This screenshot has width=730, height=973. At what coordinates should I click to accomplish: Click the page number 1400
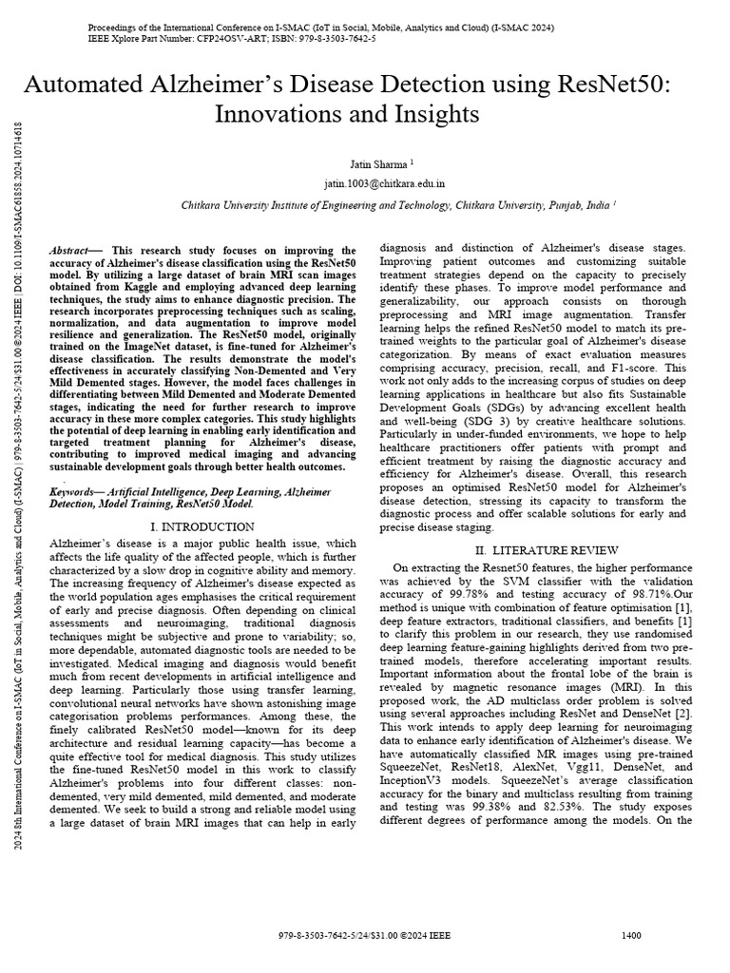(x=630, y=935)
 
